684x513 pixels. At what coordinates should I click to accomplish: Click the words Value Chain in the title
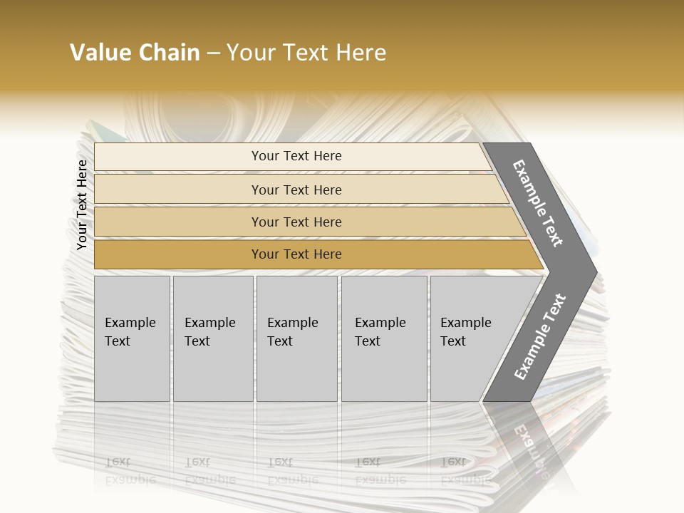pyautogui.click(x=135, y=53)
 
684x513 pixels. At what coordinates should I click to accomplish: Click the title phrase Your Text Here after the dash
pyautogui.click(x=306, y=53)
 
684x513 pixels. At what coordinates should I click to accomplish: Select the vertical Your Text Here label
pyautogui.click(x=82, y=204)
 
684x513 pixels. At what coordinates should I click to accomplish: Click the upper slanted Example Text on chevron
pyautogui.click(x=538, y=203)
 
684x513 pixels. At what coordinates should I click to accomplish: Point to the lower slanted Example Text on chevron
pyautogui.click(x=539, y=336)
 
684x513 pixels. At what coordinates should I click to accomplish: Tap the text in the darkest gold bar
pyautogui.click(x=296, y=254)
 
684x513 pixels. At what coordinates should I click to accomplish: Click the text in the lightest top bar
pyautogui.click(x=296, y=156)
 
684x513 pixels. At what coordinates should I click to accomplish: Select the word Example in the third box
pyautogui.click(x=292, y=323)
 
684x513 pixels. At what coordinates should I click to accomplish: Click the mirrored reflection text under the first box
pyautogui.click(x=130, y=470)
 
